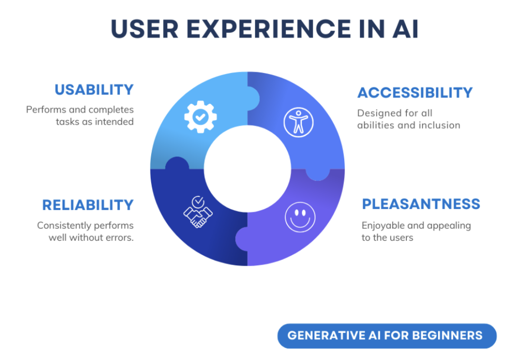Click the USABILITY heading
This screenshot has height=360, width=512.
[x=94, y=90]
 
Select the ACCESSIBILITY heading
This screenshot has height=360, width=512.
[x=415, y=92]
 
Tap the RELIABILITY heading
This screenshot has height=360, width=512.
[x=88, y=205]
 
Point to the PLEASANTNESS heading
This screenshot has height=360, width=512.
[x=421, y=204]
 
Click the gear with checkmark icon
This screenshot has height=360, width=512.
[x=201, y=116]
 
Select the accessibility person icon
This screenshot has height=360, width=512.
[x=299, y=122]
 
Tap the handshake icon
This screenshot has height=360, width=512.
[x=198, y=212]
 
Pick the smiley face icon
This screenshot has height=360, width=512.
[x=300, y=217]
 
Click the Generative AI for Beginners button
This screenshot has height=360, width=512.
[x=386, y=336]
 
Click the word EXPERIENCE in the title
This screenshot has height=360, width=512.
[x=262, y=29]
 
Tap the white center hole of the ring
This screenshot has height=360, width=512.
[x=247, y=169]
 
